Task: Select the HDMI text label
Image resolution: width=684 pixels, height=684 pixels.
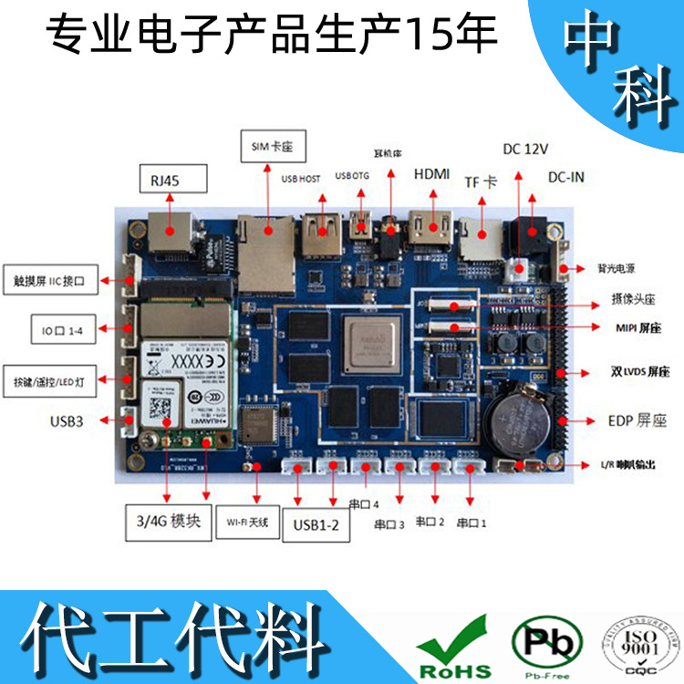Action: click(431, 173)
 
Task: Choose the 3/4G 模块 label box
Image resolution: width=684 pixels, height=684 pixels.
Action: click(168, 522)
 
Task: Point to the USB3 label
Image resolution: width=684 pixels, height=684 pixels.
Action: click(71, 421)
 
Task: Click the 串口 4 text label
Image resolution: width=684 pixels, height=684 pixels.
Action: click(363, 503)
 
